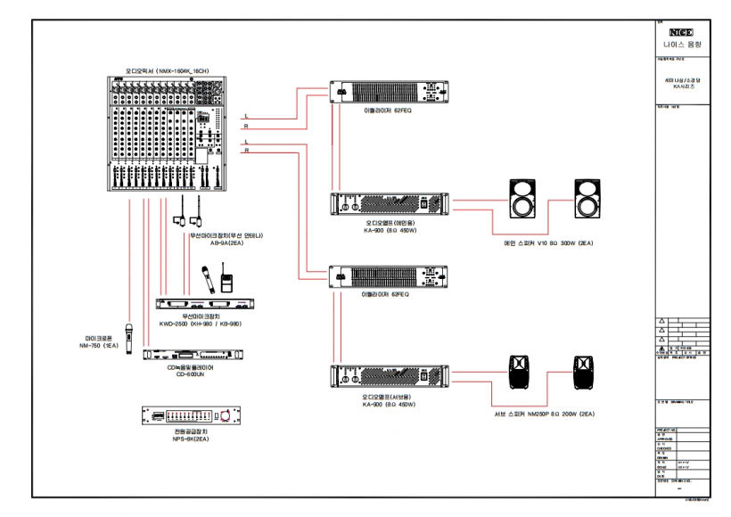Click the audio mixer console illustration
pyautogui.click(x=167, y=135)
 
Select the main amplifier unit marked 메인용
pyautogui.click(x=391, y=204)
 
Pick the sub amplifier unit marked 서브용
pyautogui.click(x=391, y=377)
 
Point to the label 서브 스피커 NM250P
pyautogui.click(x=544, y=414)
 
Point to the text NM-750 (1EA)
pyautogui.click(x=99, y=347)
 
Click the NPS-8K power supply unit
pyautogui.click(x=192, y=415)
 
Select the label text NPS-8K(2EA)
pyautogui.click(x=192, y=439)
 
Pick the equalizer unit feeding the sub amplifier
pyautogui.click(x=391, y=277)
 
